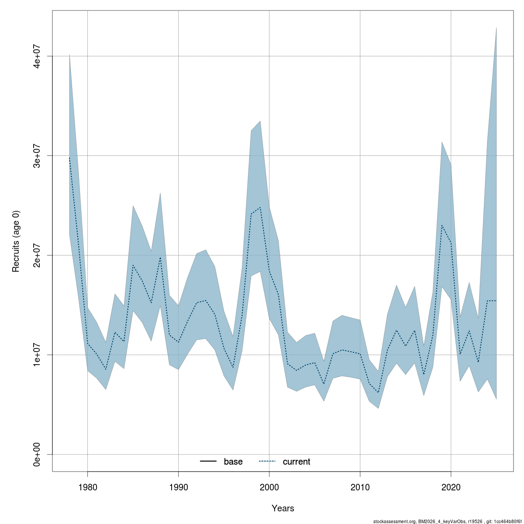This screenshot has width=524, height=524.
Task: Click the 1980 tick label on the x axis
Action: [x=87, y=486]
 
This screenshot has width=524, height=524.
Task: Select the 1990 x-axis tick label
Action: [x=178, y=486]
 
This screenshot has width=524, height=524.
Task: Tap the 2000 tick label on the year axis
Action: [x=269, y=486]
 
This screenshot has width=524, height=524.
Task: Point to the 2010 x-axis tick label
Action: [x=360, y=486]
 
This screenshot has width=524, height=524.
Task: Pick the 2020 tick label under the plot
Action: [x=451, y=486]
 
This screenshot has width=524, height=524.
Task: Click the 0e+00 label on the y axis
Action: [x=38, y=454]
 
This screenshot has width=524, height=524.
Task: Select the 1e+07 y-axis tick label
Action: [x=38, y=355]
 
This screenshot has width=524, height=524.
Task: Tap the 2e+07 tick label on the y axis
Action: [x=38, y=255]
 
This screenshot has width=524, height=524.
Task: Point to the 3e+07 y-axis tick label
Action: [x=38, y=155]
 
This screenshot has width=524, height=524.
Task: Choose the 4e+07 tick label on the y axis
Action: [x=38, y=56]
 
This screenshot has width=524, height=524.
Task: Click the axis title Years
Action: [x=283, y=508]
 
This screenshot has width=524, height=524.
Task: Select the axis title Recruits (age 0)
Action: [x=16, y=241]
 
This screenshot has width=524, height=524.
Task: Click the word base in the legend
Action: [x=233, y=462]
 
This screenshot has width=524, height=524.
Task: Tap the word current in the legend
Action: [x=296, y=462]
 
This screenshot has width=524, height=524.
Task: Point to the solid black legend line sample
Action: [x=208, y=462]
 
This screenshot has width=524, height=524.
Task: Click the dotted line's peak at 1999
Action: [x=260, y=207]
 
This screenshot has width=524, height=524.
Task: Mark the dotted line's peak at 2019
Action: [x=442, y=225]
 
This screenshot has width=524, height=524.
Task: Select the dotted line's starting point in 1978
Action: [x=69, y=158]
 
